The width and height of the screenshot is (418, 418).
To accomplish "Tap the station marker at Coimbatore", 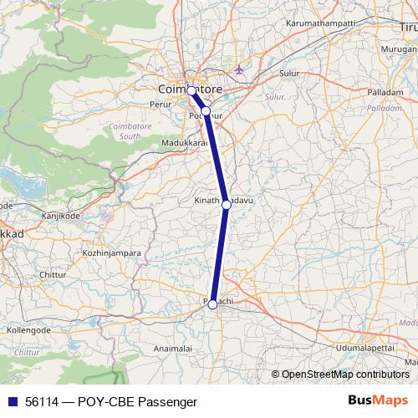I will (x=191, y=90).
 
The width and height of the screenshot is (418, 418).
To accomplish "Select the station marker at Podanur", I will (x=206, y=110).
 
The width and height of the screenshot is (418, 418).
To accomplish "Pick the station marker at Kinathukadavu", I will (x=226, y=204).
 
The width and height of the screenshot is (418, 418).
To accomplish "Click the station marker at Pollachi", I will (x=212, y=304).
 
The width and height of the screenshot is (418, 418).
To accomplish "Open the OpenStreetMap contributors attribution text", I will (x=344, y=375).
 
